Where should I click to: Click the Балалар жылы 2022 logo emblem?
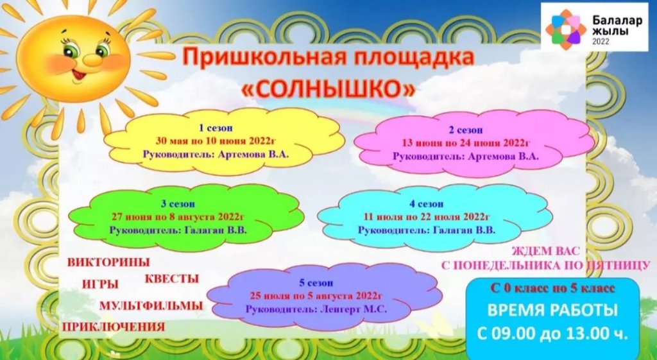click(565, 26)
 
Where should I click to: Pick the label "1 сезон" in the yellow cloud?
click(216, 128)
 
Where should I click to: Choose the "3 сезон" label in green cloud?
click(178, 204)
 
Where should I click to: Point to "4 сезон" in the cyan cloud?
click(426, 204)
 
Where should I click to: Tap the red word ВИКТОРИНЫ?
click(108, 262)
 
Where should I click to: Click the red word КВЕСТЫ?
click(172, 279)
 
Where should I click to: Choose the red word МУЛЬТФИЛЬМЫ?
click(151, 306)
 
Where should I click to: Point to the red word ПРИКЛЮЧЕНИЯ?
click(114, 327)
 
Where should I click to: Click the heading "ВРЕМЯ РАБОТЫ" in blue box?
click(552, 311)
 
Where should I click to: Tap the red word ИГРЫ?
click(101, 284)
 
